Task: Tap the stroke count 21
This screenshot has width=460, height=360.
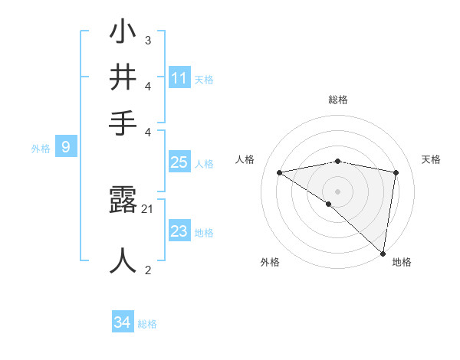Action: pyautogui.click(x=148, y=208)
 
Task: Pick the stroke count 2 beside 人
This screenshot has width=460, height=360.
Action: pyautogui.click(x=148, y=270)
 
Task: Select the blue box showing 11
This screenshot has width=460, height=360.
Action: pyautogui.click(x=179, y=78)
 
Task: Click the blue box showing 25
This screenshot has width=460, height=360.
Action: pyautogui.click(x=179, y=162)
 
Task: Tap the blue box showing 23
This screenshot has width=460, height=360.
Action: pyautogui.click(x=179, y=231)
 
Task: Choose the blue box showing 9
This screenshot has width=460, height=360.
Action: pyautogui.click(x=65, y=147)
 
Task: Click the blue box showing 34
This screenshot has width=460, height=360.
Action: pyautogui.click(x=122, y=323)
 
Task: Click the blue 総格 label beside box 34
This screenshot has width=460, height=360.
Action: pyautogui.click(x=147, y=324)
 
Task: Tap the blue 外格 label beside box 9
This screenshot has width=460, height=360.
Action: pyautogui.click(x=41, y=149)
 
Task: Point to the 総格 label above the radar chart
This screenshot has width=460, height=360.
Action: pyautogui.click(x=338, y=100)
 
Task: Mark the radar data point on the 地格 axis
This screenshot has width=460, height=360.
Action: pyautogui.click(x=383, y=253)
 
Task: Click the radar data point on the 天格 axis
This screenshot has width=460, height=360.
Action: pyautogui.click(x=396, y=172)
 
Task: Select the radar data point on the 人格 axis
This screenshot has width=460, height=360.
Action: pyautogui.click(x=279, y=172)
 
